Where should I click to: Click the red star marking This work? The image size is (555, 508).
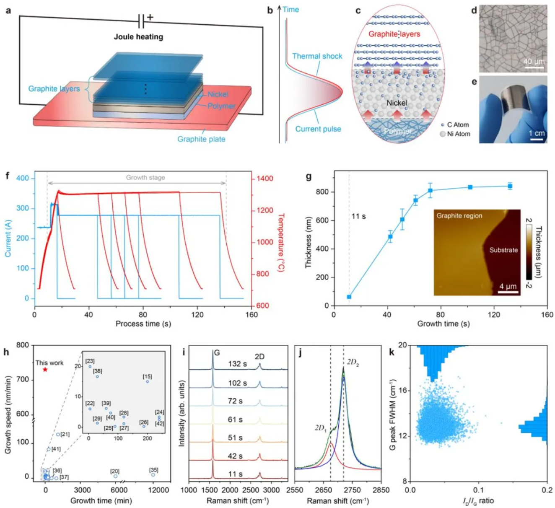pyautogui.click(x=45, y=370)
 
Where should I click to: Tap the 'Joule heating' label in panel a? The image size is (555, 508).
pyautogui.click(x=138, y=37)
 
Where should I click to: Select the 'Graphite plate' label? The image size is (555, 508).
pyautogui.click(x=201, y=139)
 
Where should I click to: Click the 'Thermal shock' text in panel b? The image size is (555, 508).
pyautogui.click(x=317, y=56)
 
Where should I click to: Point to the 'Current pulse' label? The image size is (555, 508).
pyautogui.click(x=318, y=129)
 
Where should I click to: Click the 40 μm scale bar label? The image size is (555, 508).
pyautogui.click(x=534, y=62)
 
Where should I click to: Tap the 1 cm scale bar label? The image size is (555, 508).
pyautogui.click(x=537, y=133)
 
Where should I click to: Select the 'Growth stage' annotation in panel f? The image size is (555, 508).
pyautogui.click(x=145, y=178)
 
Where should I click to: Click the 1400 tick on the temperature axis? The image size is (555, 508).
pyautogui.click(x=265, y=179)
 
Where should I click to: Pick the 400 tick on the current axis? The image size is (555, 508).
pyautogui.click(x=23, y=179)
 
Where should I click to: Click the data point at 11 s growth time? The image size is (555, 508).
pyautogui.click(x=349, y=297)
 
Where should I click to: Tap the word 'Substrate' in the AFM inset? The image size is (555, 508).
pyautogui.click(x=503, y=250)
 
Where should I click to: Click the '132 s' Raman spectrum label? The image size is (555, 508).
pyautogui.click(x=237, y=364)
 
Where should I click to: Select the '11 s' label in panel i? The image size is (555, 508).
pyautogui.click(x=235, y=474)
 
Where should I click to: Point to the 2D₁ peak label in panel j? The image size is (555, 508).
pyautogui.click(x=321, y=428)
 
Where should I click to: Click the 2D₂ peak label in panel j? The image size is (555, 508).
pyautogui.click(x=353, y=363)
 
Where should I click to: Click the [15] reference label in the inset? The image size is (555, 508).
pyautogui.click(x=147, y=377)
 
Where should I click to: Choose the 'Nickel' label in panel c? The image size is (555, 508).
pyautogui.click(x=397, y=103)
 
